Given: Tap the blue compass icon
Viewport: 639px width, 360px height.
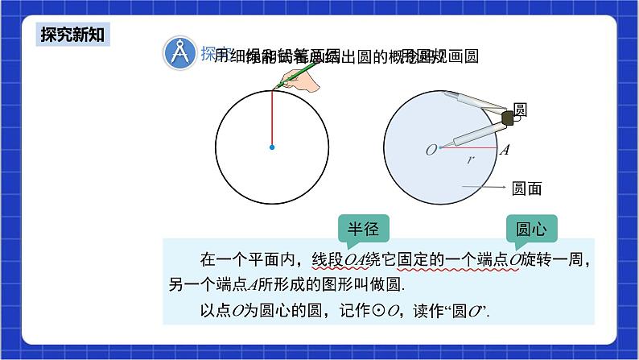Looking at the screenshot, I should [x=178, y=54].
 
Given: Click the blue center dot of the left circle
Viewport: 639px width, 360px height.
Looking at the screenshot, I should [x=272, y=147].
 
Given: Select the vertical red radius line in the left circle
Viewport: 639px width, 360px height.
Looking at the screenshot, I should [x=272, y=118].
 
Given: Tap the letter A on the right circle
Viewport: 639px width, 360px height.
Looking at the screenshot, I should [x=505, y=150].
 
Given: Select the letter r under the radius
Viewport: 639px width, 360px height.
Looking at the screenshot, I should [x=471, y=159].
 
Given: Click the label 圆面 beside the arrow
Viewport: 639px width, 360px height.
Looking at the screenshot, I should [x=527, y=188].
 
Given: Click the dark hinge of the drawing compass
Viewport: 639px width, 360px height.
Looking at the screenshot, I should [x=507, y=118].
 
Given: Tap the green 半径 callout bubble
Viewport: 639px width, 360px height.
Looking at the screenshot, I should [x=362, y=229].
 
